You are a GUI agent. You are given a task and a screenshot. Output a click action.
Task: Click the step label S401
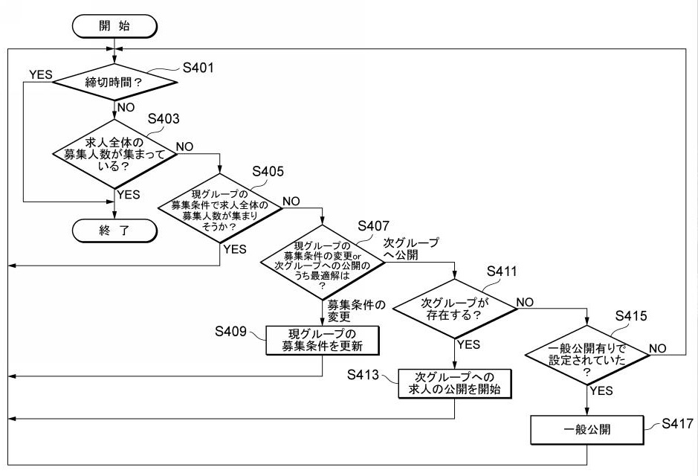(x=198, y=68)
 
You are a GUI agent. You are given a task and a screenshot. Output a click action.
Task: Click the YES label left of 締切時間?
(x=40, y=74)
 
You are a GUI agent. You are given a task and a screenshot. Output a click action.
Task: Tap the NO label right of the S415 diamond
(x=658, y=348)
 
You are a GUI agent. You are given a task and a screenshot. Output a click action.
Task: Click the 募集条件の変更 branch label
(x=357, y=310)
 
